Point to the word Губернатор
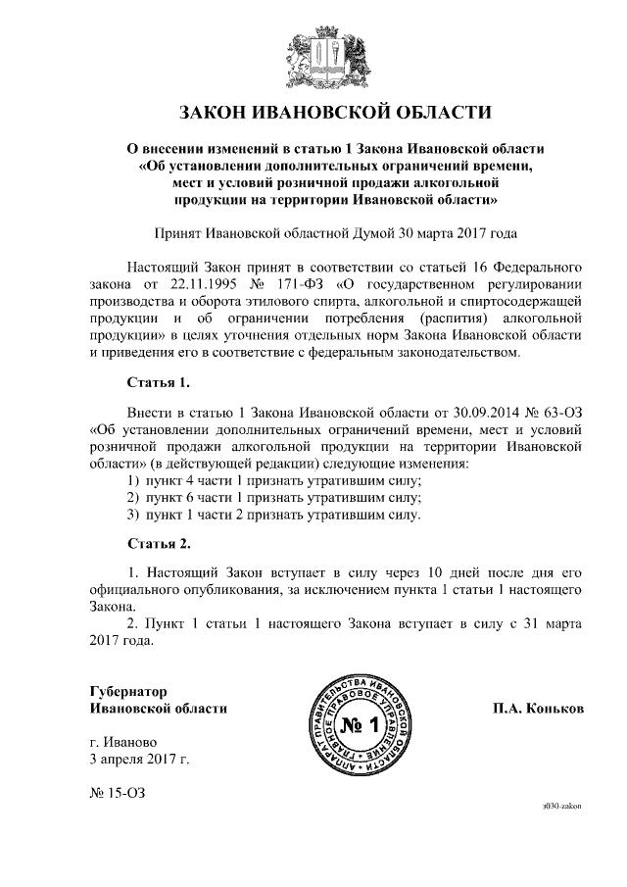127,690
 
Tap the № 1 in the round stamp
359,725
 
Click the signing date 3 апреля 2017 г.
138,758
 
